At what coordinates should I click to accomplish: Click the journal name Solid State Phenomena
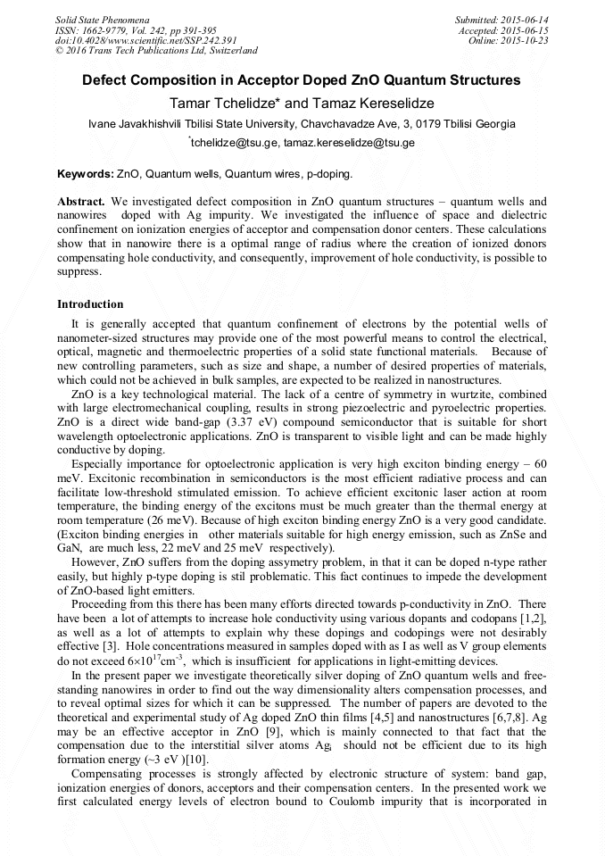tap(102, 19)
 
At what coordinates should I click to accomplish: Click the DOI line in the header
tap(146, 40)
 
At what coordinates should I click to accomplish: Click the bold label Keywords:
tap(86, 173)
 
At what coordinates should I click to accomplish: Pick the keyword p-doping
tap(329, 173)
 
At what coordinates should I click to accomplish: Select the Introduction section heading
tap(90, 304)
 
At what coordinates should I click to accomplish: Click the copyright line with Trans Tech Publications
tap(156, 51)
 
